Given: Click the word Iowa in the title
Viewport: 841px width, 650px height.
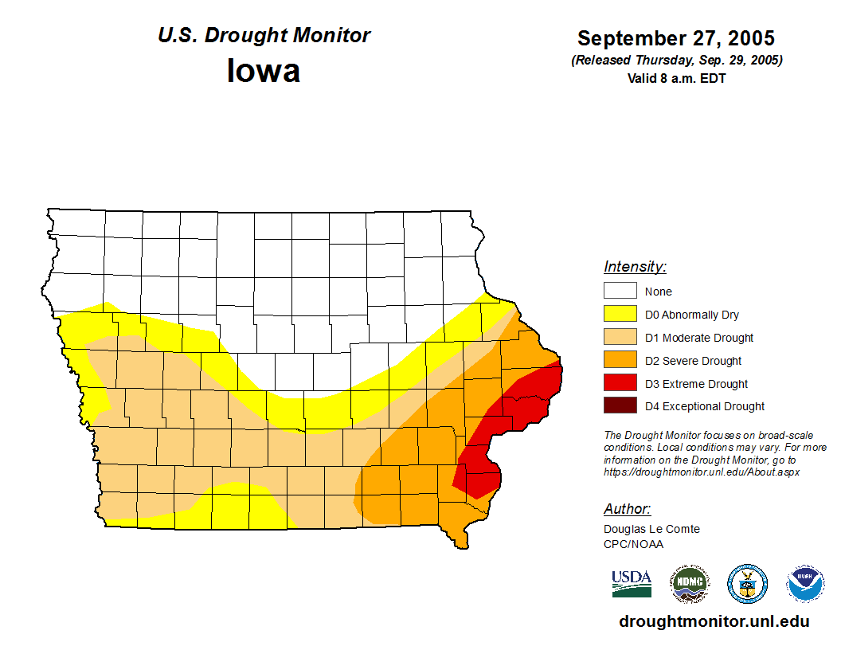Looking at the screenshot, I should pos(264,71).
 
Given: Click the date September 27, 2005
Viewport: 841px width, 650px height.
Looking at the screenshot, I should pos(676,38).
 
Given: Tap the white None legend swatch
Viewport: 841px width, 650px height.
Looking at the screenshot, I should pos(620,291).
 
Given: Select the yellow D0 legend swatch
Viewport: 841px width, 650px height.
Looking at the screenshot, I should pos(620,314).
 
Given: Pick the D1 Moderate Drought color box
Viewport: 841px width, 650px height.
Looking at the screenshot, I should pos(620,337).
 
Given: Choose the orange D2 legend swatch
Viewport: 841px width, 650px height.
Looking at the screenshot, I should pos(620,360).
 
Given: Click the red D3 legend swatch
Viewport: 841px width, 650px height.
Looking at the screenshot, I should pos(620,383).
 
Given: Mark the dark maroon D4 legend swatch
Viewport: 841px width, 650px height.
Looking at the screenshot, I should pos(620,405).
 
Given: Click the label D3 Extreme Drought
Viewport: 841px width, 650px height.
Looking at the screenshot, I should pos(696,384).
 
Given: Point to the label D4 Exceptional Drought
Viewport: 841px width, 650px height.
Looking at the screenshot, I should pos(704,406).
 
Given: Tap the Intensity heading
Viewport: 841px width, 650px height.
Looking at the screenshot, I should pos(635,267).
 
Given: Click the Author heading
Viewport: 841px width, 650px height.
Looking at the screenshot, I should pos(628,509).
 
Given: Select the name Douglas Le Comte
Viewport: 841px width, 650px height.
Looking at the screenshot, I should pos(651,529).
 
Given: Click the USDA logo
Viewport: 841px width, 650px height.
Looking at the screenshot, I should pos(632,584).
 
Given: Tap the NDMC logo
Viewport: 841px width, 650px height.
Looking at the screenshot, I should pos(689,584).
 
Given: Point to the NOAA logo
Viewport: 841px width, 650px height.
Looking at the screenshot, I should pos(806,584).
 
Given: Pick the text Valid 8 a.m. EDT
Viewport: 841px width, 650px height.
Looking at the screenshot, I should pos(676,78).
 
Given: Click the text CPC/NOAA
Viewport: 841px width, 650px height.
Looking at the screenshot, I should pos(633,544).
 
